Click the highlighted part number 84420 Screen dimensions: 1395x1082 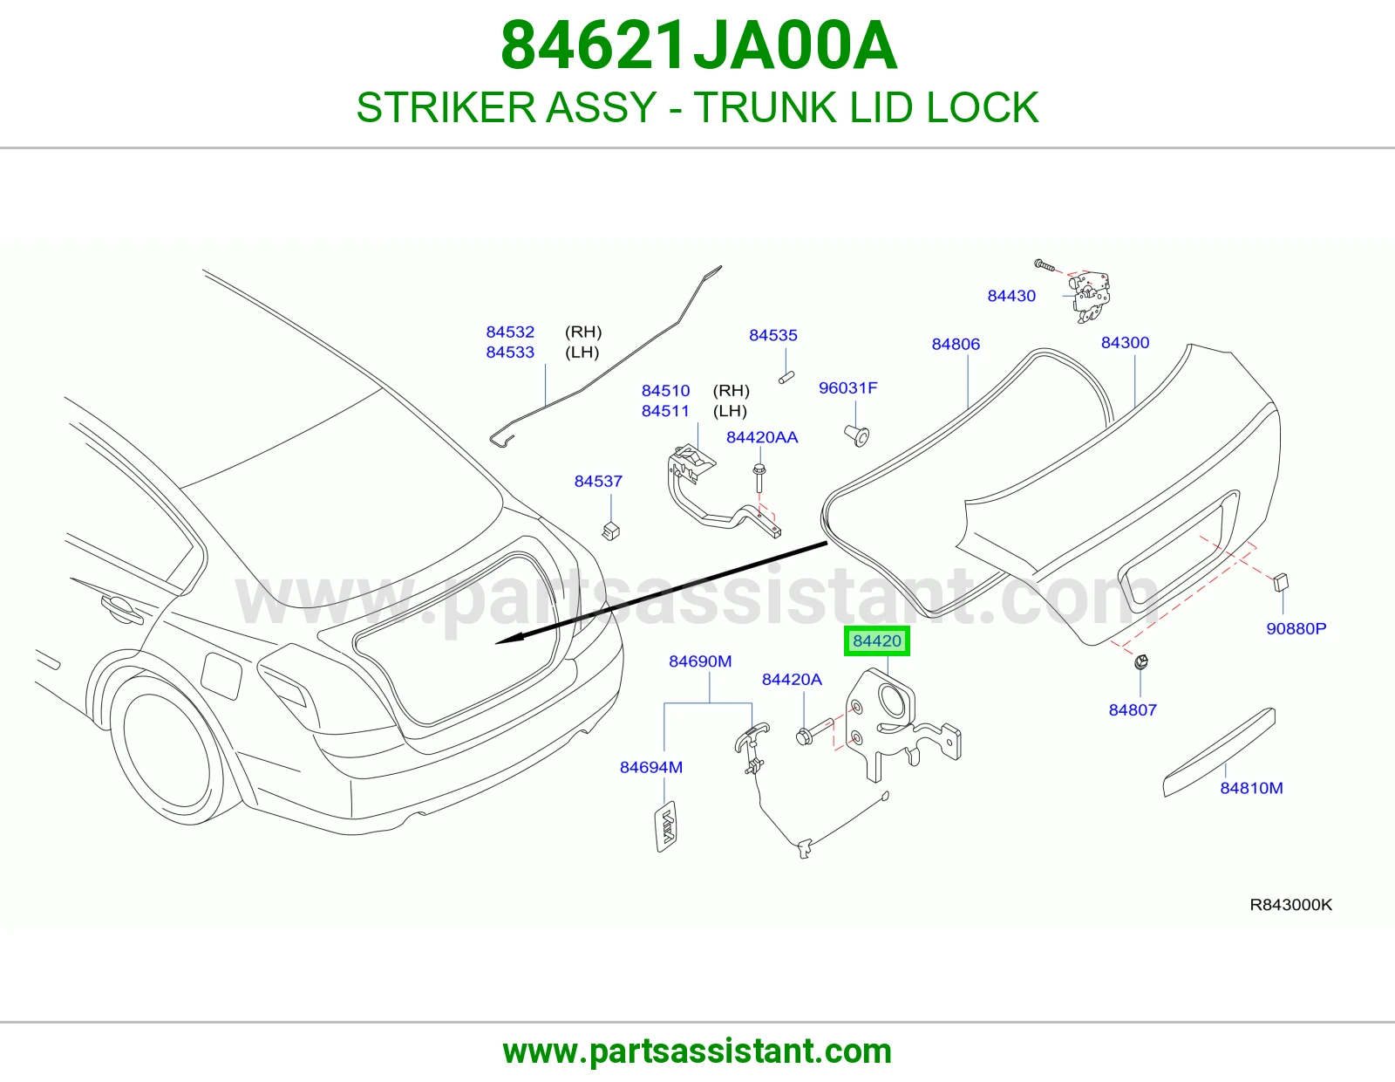pyautogui.click(x=876, y=640)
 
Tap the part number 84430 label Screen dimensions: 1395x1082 pyautogui.click(x=1011, y=296)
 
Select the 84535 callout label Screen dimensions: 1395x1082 pyautogui.click(x=773, y=335)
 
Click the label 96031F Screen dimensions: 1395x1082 pyautogui.click(x=847, y=387)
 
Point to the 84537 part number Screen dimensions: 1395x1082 pyautogui.click(x=598, y=481)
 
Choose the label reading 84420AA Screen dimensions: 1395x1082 pyautogui.click(x=761, y=437)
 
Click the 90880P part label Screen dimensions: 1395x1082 pyautogui.click(x=1296, y=628)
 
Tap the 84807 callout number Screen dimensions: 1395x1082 pyautogui.click(x=1133, y=710)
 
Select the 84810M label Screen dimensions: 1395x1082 pyautogui.click(x=1250, y=788)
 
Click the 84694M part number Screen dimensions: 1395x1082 pyautogui.click(x=650, y=767)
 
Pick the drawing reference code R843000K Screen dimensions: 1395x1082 pyautogui.click(x=1290, y=905)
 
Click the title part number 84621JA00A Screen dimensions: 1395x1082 pyautogui.click(x=698, y=46)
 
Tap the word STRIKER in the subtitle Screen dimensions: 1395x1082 pyautogui.click(x=446, y=107)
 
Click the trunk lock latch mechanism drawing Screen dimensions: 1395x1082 pyautogui.click(x=1090, y=296)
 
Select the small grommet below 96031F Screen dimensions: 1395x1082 pyautogui.click(x=856, y=435)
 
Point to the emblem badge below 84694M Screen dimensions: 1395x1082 pyautogui.click(x=666, y=827)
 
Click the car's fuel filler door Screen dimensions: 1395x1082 pyautogui.click(x=221, y=675)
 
